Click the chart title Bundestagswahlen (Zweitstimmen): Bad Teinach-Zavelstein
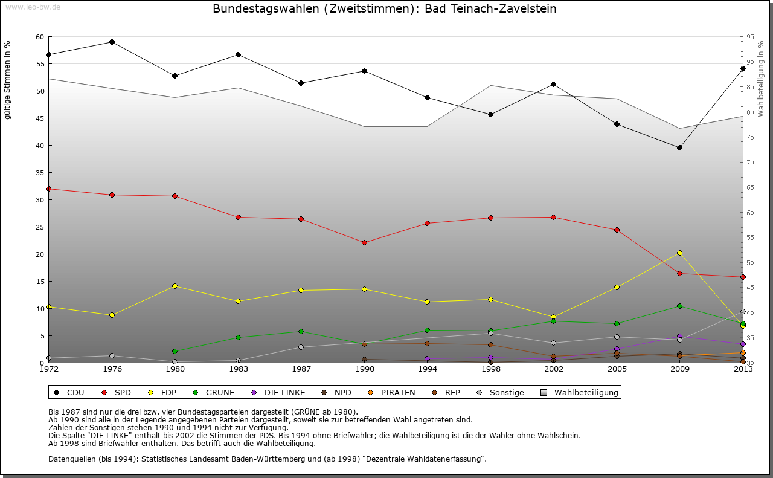tap(385, 9)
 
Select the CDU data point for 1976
tap(112, 42)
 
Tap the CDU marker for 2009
tap(679, 147)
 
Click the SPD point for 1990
tap(364, 242)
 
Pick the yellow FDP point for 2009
tap(679, 253)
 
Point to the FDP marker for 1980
tap(175, 286)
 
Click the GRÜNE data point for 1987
tap(301, 331)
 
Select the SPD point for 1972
tap(49, 189)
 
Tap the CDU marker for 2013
tap(742, 68)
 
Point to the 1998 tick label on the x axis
tap(490, 369)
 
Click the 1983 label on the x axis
tap(238, 369)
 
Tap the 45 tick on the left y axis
tap(40, 118)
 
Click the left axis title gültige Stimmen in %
tap(8, 80)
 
